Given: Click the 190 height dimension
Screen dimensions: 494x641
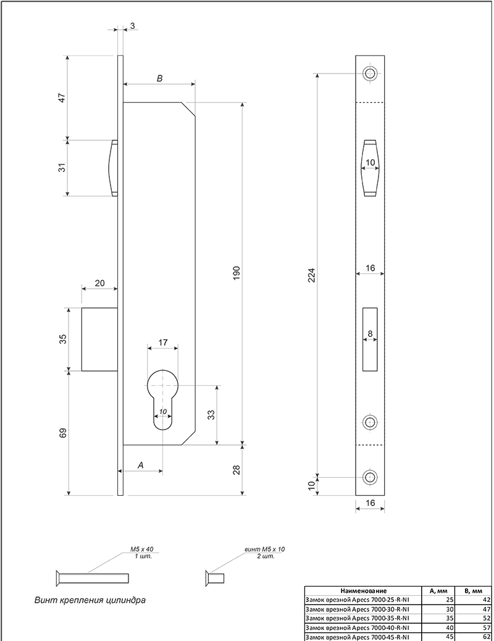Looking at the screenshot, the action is click(x=237, y=273).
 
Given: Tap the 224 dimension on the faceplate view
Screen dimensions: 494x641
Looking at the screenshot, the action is click(x=311, y=276).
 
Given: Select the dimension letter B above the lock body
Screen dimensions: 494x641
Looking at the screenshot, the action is click(x=160, y=78).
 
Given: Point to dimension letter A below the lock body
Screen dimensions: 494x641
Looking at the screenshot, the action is click(x=141, y=465).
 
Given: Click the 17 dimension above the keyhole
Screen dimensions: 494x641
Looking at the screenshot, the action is click(x=162, y=342).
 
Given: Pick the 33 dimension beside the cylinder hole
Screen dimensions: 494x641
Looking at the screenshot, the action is click(x=211, y=415).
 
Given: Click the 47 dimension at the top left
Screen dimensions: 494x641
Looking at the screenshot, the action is click(x=62, y=98).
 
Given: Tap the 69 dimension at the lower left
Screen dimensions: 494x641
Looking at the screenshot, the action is click(x=62, y=433).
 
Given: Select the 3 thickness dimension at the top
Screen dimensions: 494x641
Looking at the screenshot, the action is click(x=132, y=26).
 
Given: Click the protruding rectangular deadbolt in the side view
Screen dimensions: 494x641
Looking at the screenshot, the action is click(x=99, y=339).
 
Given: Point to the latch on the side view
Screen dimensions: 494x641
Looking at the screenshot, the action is click(x=112, y=168).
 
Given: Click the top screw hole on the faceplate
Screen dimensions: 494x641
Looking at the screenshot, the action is click(x=371, y=74).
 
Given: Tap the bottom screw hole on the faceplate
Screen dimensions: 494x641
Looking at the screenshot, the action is click(x=371, y=477).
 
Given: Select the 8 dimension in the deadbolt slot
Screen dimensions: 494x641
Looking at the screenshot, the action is click(x=371, y=334).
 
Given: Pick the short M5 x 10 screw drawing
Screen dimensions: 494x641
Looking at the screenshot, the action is click(x=215, y=579).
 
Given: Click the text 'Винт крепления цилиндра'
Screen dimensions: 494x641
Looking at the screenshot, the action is click(x=90, y=601).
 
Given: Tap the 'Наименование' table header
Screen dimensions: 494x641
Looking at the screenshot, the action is click(x=363, y=590).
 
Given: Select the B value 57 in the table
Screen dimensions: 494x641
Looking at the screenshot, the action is click(x=486, y=627).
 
